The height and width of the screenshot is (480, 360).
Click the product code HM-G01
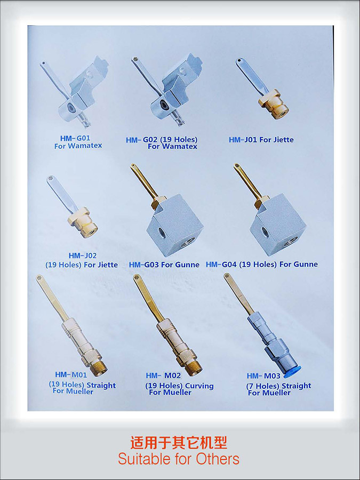[75, 138]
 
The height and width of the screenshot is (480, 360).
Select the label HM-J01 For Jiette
[261, 140]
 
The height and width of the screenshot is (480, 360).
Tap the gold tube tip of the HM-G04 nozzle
[237, 166]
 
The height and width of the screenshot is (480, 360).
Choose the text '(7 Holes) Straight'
[278, 386]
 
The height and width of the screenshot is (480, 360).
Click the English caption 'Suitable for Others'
[179, 459]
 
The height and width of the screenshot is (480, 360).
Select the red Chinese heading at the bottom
[179, 442]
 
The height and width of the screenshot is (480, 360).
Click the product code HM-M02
[163, 375]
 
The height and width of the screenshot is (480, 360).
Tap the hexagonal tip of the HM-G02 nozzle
[134, 59]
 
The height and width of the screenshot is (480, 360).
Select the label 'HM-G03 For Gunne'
[164, 265]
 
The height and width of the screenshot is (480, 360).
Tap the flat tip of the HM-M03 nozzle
[227, 276]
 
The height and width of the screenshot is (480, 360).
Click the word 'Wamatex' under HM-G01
[85, 146]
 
